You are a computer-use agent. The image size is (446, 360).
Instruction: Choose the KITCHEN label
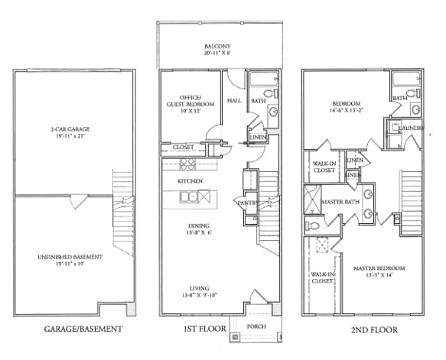click(190, 180)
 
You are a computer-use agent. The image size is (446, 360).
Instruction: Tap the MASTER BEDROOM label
click(379, 268)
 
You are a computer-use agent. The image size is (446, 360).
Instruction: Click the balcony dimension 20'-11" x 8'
click(218, 54)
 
